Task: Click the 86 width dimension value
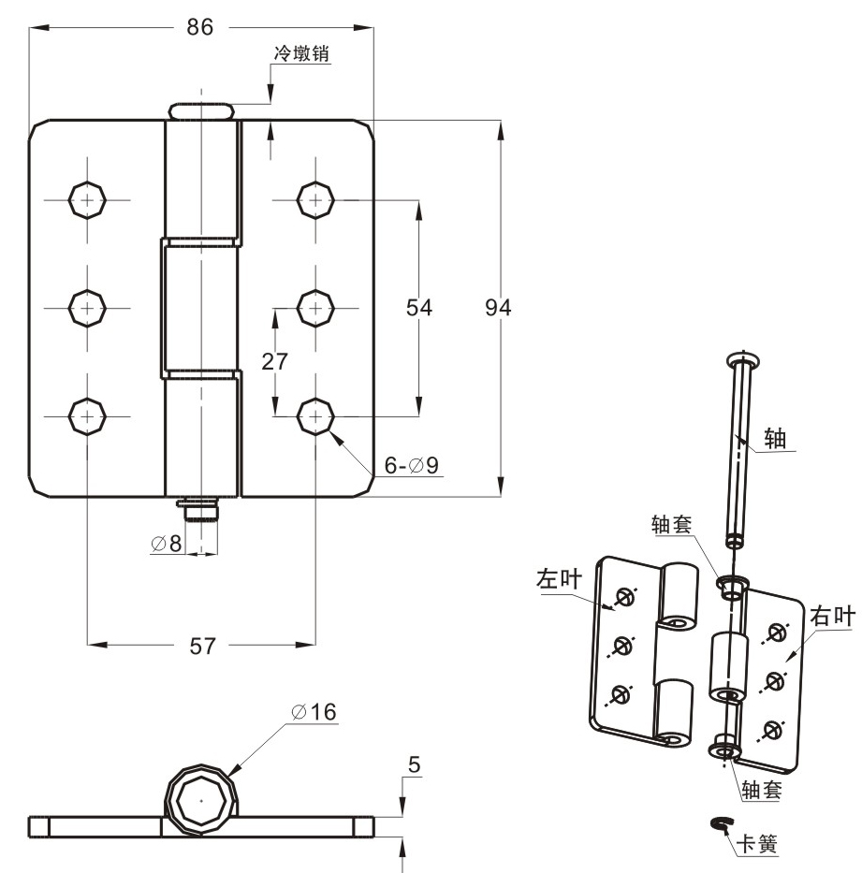(x=200, y=27)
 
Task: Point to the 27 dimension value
(x=275, y=361)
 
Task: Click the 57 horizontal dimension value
(x=201, y=646)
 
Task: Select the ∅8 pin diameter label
(x=168, y=544)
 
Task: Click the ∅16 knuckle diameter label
(x=313, y=711)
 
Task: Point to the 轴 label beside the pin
(x=775, y=439)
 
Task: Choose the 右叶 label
(x=832, y=616)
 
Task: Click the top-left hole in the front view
(x=87, y=198)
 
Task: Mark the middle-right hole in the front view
(x=316, y=306)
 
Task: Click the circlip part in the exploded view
(x=721, y=822)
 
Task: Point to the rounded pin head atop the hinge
(x=200, y=110)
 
